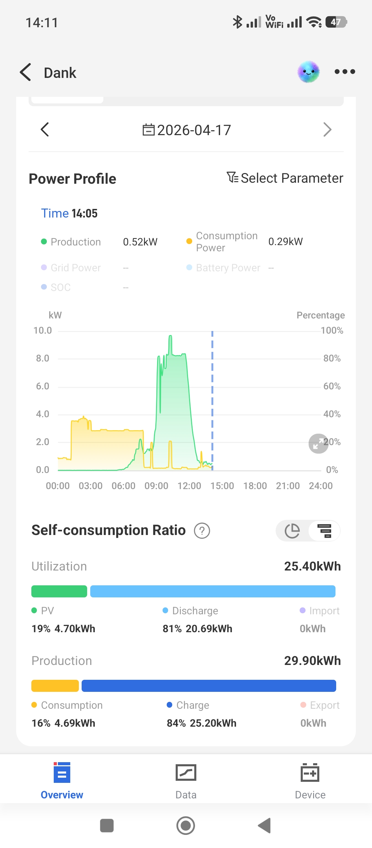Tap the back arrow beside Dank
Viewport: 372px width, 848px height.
coord(26,72)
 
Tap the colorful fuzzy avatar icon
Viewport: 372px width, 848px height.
coord(309,72)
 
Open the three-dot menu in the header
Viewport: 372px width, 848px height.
coord(345,72)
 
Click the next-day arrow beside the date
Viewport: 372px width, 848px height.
coord(327,130)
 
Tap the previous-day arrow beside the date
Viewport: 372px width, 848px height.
coord(45,130)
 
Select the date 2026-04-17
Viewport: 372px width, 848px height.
coord(187,130)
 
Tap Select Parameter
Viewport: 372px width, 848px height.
coord(285,178)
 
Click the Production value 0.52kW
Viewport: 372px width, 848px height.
coord(140,242)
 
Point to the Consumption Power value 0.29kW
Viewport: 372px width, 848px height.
coord(286,242)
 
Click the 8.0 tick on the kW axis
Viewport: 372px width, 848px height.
coord(43,359)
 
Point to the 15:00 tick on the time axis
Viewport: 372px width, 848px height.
coord(222,486)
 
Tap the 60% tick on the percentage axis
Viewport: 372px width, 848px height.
coord(332,386)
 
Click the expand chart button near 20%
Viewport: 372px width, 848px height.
coord(318,444)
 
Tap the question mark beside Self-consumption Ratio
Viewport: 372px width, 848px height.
coord(202,531)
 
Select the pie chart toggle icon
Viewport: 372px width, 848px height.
coord(292,531)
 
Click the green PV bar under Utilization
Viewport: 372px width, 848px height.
coord(59,591)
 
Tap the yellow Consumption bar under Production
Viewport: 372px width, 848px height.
coord(55,686)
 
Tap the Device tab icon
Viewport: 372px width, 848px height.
coord(310,773)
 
